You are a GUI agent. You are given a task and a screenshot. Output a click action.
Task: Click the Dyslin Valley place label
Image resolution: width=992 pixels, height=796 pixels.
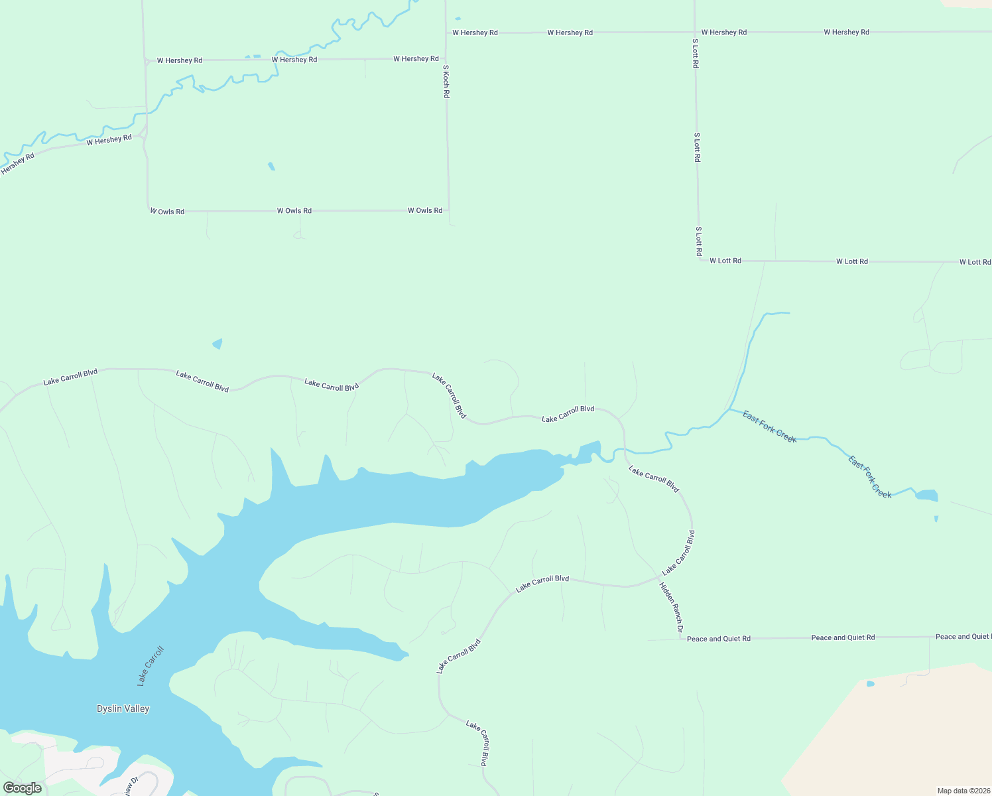(x=123, y=708)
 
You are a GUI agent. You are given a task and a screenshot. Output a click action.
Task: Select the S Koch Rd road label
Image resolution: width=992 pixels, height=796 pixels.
(x=446, y=82)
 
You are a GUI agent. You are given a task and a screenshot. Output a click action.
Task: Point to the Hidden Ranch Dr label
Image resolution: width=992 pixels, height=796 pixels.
(x=671, y=606)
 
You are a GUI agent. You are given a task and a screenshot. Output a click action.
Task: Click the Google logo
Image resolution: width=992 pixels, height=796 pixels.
(x=23, y=787)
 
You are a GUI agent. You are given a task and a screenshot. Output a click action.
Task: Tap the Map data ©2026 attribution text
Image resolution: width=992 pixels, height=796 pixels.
(x=963, y=791)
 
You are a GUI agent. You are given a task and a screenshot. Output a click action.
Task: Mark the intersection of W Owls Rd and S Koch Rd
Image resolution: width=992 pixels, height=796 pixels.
(x=449, y=210)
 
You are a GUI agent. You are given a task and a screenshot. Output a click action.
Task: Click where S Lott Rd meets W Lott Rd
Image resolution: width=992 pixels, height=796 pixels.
(x=699, y=261)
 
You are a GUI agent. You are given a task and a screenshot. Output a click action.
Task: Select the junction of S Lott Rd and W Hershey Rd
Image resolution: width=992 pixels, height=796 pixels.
(x=694, y=32)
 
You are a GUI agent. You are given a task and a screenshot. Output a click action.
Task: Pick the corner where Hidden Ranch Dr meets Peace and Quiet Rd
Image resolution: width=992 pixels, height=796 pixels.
(x=681, y=639)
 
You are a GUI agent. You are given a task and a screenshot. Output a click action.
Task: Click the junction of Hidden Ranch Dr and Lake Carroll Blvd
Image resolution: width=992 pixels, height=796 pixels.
(x=660, y=576)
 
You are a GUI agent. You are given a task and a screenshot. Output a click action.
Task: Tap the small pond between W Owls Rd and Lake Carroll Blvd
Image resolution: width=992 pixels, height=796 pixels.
(x=217, y=344)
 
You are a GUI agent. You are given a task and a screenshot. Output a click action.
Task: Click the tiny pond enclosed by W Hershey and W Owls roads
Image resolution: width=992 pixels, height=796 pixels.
(x=271, y=166)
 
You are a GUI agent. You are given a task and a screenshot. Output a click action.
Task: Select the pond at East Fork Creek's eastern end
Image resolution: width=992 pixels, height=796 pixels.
(x=926, y=495)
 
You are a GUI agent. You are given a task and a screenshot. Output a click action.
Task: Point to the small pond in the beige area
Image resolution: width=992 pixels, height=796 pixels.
(x=870, y=683)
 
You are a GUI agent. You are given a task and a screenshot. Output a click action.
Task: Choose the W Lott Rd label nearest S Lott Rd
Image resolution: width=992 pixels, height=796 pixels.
(x=725, y=261)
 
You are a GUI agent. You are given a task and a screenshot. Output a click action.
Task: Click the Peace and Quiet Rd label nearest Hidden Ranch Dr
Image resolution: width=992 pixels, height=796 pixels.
(x=719, y=639)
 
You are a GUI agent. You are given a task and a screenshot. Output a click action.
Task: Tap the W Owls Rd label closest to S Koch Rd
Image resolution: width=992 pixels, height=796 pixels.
(x=425, y=210)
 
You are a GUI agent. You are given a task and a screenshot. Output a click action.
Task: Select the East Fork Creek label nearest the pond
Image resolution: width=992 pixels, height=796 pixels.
(x=870, y=477)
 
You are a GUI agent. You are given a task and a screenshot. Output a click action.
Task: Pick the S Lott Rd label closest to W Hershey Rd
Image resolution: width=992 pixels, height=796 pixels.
(x=695, y=54)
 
